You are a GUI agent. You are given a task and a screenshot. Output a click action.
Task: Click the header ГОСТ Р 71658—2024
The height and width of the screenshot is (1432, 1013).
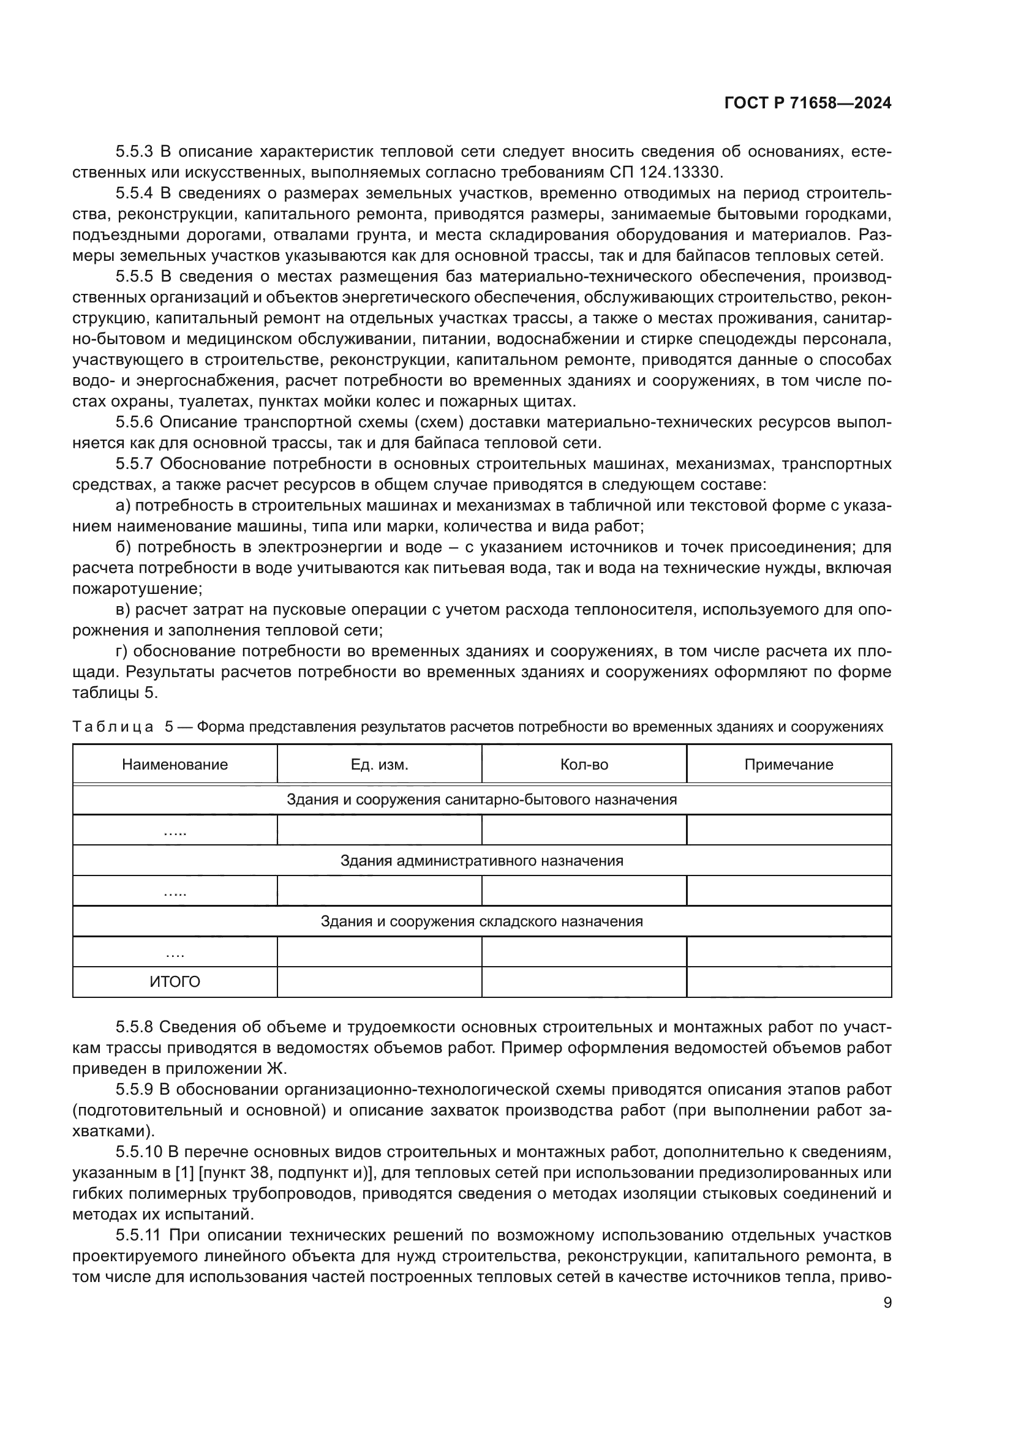click(807, 103)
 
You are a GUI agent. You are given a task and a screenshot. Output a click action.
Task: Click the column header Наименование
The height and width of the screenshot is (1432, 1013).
click(175, 765)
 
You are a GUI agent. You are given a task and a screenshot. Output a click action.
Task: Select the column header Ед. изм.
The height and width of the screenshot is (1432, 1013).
click(379, 765)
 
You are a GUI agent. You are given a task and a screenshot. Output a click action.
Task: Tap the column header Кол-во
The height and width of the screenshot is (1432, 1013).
click(584, 765)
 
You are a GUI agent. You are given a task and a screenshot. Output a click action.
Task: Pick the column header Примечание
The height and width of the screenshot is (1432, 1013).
click(788, 765)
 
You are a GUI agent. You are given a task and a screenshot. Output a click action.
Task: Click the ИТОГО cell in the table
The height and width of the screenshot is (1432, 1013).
click(175, 982)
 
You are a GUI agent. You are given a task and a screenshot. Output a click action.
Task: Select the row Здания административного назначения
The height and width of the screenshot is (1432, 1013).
click(481, 861)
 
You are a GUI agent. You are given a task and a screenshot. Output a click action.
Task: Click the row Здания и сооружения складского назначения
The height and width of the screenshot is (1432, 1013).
click(481, 921)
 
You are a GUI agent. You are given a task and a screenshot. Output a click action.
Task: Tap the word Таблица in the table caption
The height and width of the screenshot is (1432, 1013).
click(113, 727)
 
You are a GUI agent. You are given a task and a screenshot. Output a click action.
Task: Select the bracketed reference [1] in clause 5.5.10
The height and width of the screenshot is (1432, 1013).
click(185, 1172)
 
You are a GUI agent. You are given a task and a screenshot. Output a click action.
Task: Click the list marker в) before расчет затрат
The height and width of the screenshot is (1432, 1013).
click(124, 609)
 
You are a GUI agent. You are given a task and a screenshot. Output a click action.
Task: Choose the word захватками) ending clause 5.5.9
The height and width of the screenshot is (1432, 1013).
click(113, 1131)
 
